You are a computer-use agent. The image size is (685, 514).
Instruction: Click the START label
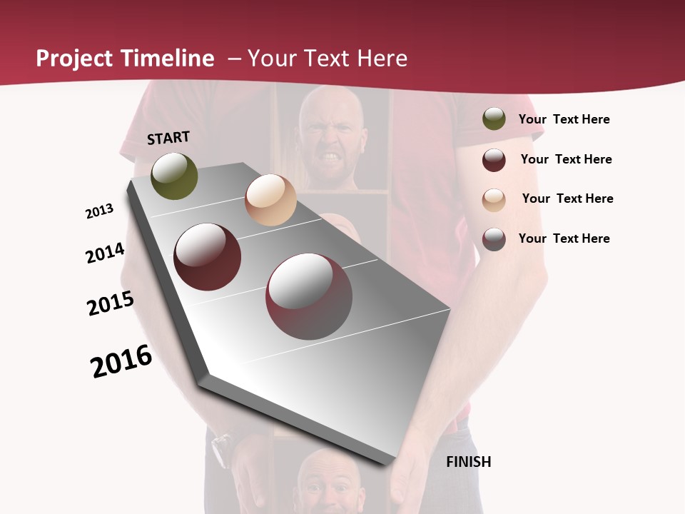click(168, 138)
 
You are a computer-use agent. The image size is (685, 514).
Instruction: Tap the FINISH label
click(468, 462)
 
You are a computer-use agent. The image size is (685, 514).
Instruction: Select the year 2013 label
click(99, 211)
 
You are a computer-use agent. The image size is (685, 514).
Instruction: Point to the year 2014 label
click(105, 253)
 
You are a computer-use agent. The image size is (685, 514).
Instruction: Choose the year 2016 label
click(121, 361)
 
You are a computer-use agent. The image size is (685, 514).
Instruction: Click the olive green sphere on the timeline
click(174, 176)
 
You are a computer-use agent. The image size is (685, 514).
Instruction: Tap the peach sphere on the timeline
click(270, 200)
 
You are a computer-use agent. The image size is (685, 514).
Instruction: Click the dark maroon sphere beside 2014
click(208, 257)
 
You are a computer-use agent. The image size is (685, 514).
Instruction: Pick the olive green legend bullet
click(494, 119)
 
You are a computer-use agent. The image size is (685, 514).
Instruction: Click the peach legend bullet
click(494, 199)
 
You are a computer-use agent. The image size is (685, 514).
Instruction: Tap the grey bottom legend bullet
click(494, 239)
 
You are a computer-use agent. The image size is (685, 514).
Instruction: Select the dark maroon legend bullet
click(494, 160)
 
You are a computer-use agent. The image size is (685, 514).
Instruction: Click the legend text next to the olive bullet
click(564, 119)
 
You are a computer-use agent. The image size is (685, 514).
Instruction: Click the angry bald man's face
click(330, 139)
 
